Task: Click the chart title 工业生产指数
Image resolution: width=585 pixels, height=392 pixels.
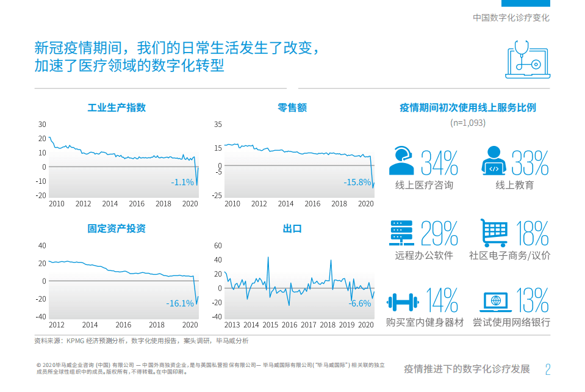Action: click(x=117, y=108)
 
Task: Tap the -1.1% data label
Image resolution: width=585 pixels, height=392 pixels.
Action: click(x=182, y=182)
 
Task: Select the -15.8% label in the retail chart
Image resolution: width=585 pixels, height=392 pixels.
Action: click(x=357, y=182)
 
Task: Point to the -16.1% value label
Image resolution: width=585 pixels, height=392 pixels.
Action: click(x=180, y=303)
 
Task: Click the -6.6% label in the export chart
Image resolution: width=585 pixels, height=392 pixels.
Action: click(x=360, y=303)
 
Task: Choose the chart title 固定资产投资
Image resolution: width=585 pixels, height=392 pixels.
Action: click(x=117, y=229)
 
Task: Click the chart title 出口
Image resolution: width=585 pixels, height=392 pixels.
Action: click(x=292, y=229)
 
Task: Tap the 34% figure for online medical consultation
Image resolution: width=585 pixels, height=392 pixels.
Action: click(x=440, y=162)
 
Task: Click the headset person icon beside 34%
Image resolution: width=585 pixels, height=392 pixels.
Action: click(x=403, y=161)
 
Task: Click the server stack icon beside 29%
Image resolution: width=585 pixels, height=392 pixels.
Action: click(x=403, y=232)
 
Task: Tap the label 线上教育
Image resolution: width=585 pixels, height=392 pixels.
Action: click(x=514, y=185)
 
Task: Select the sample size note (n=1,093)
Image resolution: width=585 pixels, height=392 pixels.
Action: click(x=468, y=123)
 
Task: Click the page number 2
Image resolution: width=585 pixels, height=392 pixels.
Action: click(x=548, y=369)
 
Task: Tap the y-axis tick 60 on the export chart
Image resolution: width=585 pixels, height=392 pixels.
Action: click(x=217, y=245)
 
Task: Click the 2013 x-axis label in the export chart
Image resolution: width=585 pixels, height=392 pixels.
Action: click(x=232, y=325)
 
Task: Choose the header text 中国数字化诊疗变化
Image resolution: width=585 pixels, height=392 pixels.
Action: click(x=511, y=18)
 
